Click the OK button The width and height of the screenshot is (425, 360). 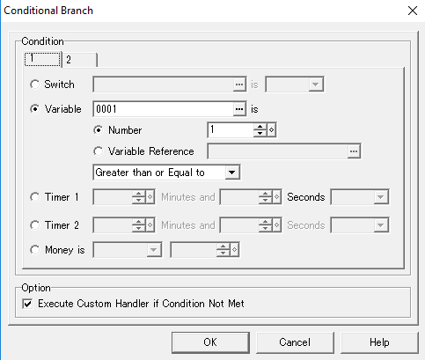tap(210, 342)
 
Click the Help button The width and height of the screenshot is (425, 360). tap(379, 342)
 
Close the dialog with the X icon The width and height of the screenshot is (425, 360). tap(413, 11)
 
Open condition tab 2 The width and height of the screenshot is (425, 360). tap(80, 60)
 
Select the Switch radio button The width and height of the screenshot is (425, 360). tap(35, 84)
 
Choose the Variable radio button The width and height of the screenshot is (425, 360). tap(35, 109)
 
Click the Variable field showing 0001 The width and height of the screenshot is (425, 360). tap(164, 109)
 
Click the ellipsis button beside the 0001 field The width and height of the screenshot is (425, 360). tap(239, 109)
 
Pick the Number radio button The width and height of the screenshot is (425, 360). tap(98, 130)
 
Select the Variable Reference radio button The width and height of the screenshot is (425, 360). tap(98, 151)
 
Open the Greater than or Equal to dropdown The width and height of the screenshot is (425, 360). tap(166, 173)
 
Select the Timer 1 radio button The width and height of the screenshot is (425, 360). tap(35, 197)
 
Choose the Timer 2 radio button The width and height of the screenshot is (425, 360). tap(35, 225)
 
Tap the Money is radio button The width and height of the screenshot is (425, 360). tap(35, 250)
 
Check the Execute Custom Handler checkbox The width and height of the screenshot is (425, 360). tap(27, 304)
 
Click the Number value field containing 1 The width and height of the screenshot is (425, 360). tap(231, 130)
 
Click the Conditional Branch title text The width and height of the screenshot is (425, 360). tap(48, 11)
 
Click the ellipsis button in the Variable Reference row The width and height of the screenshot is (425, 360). tap(354, 151)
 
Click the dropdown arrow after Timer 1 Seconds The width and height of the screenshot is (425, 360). tap(380, 197)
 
